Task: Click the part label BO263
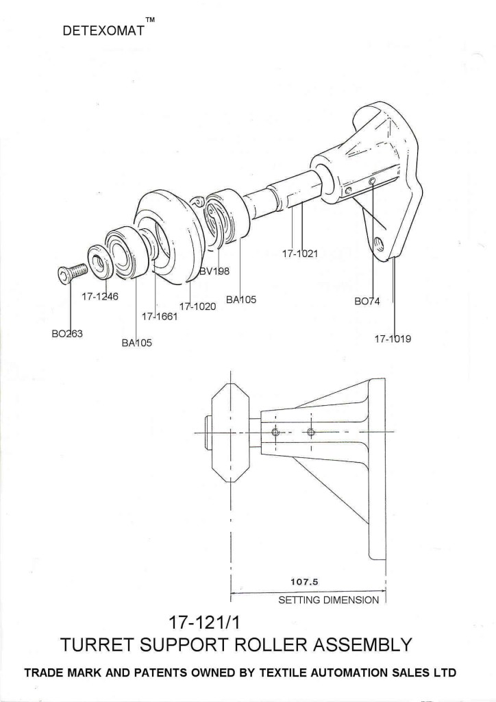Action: point(66,334)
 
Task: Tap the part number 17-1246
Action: point(100,297)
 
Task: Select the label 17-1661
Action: point(160,316)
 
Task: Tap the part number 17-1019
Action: point(393,339)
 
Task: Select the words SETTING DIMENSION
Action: point(328,600)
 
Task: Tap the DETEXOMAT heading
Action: point(103,32)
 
